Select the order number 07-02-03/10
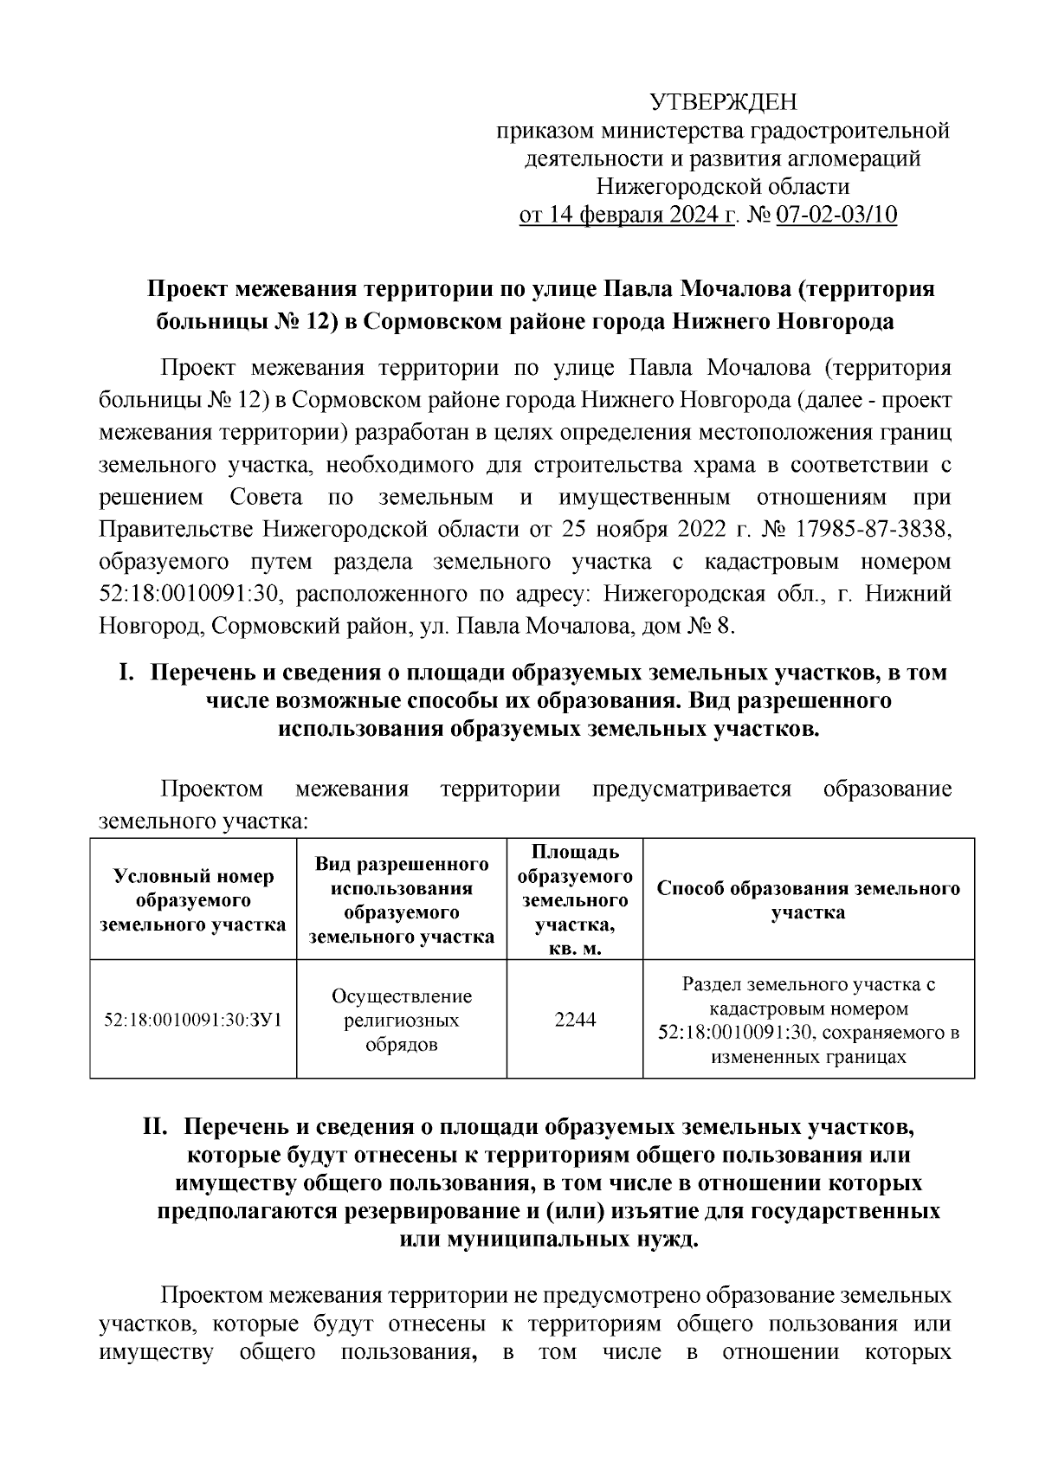[836, 214]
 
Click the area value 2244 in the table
[575, 1020]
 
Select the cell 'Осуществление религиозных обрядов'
[402, 1020]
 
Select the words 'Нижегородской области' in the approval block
[723, 186]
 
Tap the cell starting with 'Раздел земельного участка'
[808, 1020]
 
